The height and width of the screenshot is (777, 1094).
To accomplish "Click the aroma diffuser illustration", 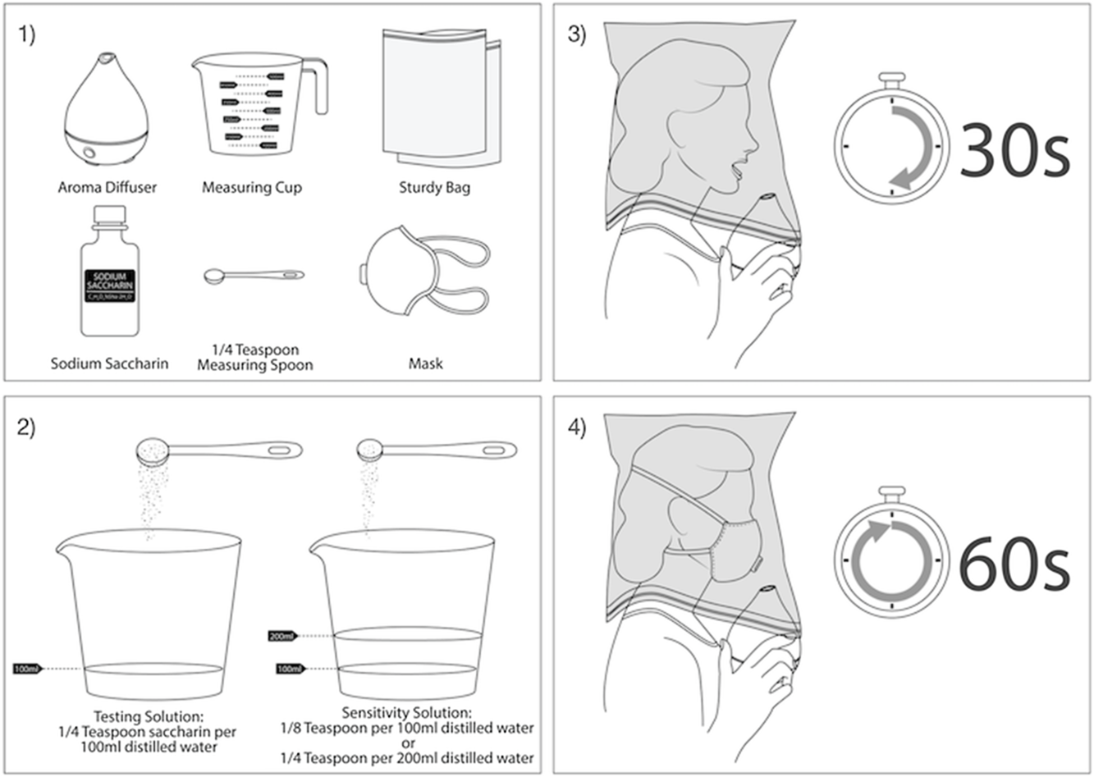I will (107, 115).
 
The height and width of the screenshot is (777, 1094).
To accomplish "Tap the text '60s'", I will (1014, 564).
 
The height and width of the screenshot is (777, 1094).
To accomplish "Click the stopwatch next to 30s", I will (890, 144).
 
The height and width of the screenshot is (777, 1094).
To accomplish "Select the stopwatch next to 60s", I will (890, 558).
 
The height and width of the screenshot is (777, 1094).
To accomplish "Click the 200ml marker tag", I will (282, 636).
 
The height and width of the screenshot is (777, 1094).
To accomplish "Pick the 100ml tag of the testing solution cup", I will (26, 669).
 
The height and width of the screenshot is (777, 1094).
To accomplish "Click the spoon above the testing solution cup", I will (217, 450).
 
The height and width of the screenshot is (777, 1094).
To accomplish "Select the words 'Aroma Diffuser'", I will (107, 187).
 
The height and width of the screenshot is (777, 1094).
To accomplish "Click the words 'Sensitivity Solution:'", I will (406, 712).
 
